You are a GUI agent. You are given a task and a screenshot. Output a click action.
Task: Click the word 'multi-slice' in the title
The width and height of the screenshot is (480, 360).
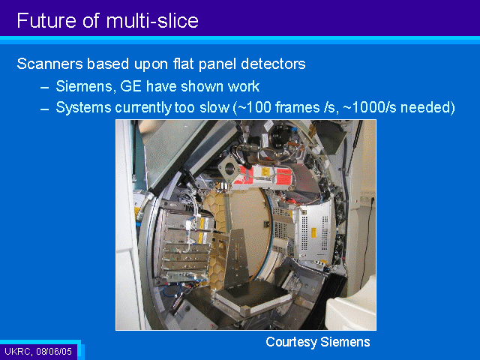tap(152, 21)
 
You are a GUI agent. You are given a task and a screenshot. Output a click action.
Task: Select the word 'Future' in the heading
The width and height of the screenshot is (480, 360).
tap(46, 21)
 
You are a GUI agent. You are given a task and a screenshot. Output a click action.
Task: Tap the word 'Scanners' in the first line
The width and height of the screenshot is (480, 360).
tap(50, 64)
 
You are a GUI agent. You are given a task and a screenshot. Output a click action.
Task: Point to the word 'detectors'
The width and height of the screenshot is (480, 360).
tap(273, 64)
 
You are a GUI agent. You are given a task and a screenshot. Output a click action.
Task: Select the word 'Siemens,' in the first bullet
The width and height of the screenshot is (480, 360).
tap(86, 86)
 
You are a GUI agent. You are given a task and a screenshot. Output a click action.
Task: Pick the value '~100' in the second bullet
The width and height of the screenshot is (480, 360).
tap(254, 107)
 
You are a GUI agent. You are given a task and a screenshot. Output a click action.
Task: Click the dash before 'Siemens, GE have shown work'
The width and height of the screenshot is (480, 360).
tap(45, 88)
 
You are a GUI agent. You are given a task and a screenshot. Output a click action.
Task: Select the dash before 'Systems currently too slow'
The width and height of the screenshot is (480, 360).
tap(45, 109)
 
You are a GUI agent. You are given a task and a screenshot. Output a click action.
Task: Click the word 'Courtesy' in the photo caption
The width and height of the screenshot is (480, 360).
tap(291, 342)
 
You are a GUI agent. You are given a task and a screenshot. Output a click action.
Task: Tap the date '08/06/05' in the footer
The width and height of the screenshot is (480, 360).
tap(54, 351)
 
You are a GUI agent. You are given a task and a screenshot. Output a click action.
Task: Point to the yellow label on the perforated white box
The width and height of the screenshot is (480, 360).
tap(313, 232)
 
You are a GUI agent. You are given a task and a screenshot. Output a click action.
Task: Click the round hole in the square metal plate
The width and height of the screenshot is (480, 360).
tap(229, 168)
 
